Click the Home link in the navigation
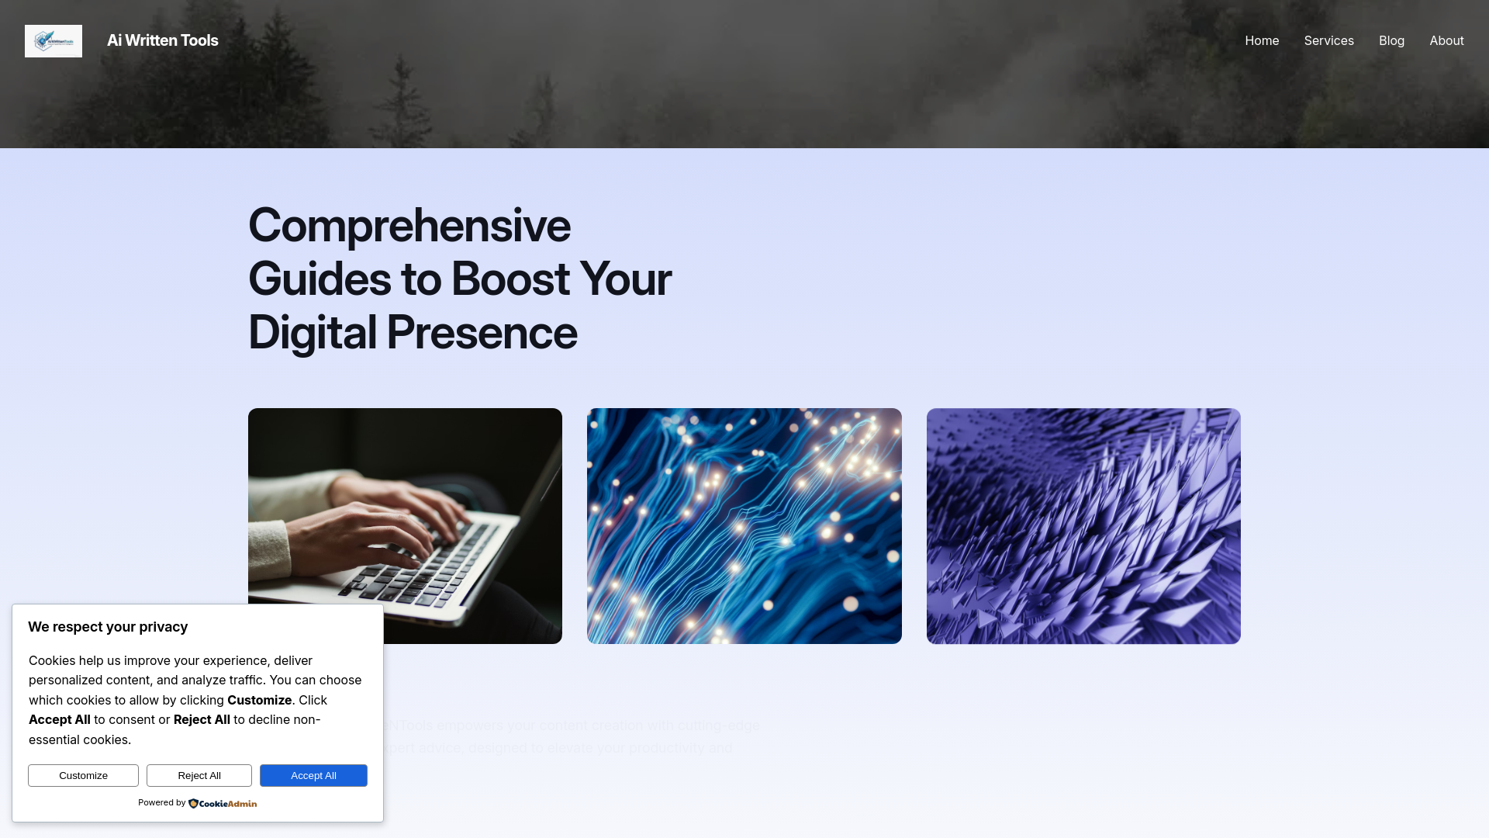click(1262, 40)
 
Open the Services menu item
click(1328, 40)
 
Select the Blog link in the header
click(1391, 40)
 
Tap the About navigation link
click(1446, 40)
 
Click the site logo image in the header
click(54, 41)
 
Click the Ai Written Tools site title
click(163, 40)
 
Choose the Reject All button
click(199, 775)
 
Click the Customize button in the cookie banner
click(83, 775)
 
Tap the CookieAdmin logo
click(223, 803)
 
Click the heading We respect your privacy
click(108, 627)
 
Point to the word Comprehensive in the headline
click(409, 226)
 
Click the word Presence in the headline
click(481, 333)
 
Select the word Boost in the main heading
click(510, 279)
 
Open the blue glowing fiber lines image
click(744, 526)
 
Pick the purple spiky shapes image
click(1083, 526)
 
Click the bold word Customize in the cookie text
click(259, 700)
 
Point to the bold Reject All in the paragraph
click(202, 719)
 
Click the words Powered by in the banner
click(161, 802)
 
